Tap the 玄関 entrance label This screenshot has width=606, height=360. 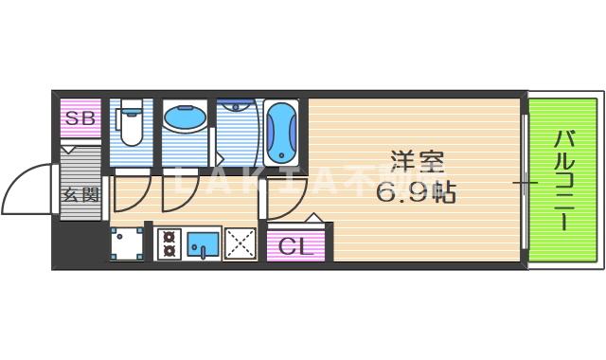pyautogui.click(x=80, y=196)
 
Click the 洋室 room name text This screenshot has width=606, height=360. pyautogui.click(x=417, y=162)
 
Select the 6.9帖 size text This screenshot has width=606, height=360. pyautogui.click(x=417, y=193)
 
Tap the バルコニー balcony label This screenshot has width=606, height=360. pyautogui.click(x=562, y=180)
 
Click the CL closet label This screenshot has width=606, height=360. pyautogui.click(x=294, y=248)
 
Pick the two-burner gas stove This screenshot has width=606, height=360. pyautogui.click(x=169, y=244)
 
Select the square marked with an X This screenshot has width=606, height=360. pyautogui.click(x=241, y=244)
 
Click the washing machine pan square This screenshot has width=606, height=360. pyautogui.click(x=126, y=243)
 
